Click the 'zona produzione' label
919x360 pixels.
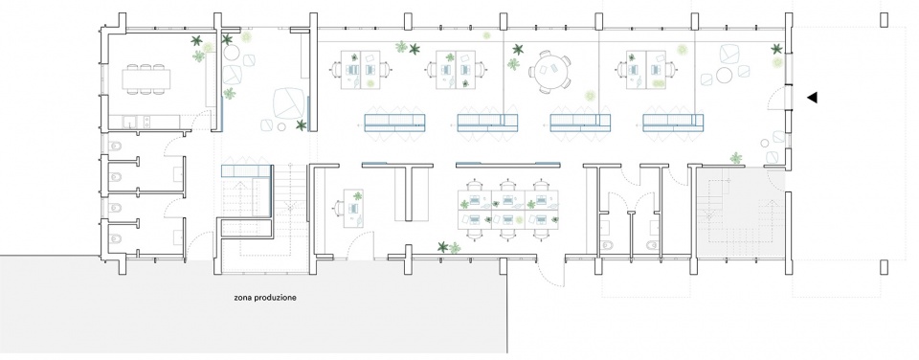pos(265,298)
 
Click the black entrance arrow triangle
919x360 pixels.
pos(812,98)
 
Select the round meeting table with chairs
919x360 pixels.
pos(549,72)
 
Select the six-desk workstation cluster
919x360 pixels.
pos(507,210)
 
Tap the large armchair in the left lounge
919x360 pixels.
pos(289,102)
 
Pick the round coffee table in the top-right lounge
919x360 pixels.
pos(725,75)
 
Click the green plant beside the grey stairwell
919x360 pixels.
pos(736,157)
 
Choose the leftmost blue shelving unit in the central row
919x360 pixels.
pos(394,122)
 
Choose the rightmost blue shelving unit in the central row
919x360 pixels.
pos(672,122)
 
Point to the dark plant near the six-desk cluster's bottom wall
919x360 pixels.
pos(443,247)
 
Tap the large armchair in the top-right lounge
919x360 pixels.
pos(732,53)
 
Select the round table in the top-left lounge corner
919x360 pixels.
pos(231,54)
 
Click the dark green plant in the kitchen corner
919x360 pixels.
pos(196,41)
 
